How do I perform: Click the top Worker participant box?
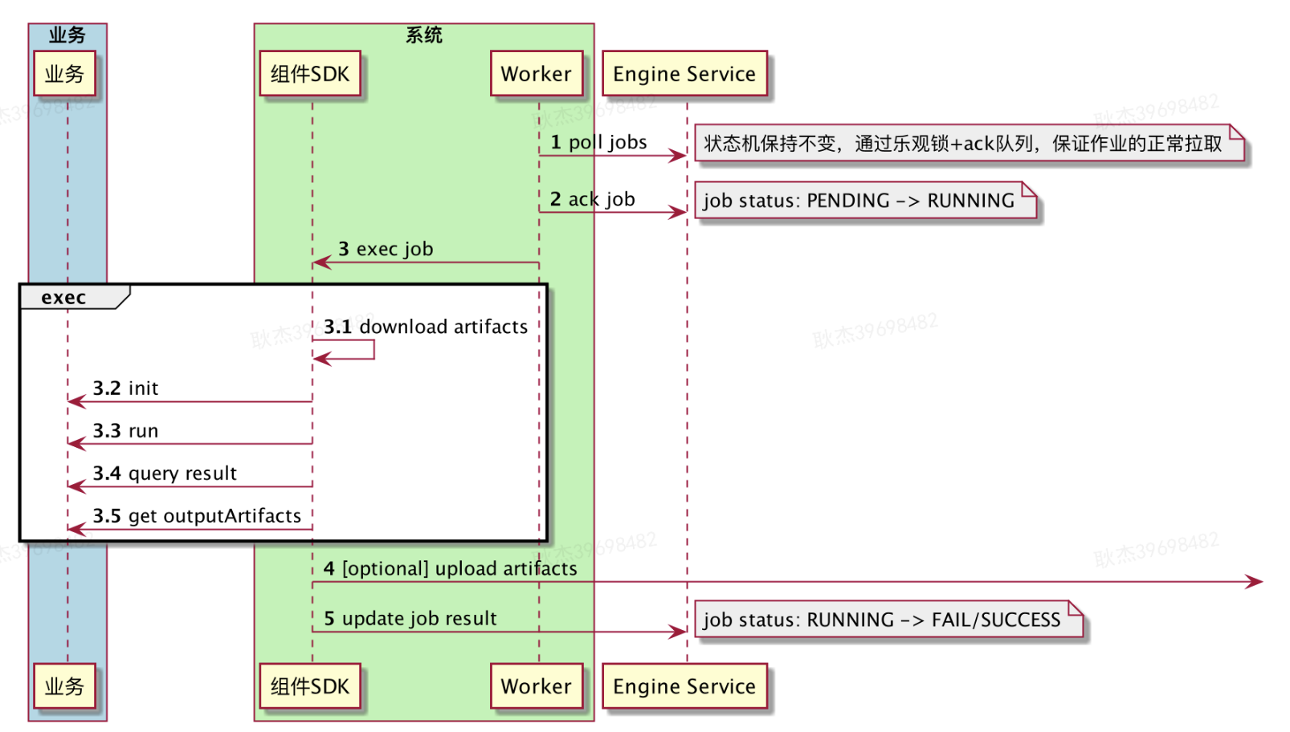(x=536, y=74)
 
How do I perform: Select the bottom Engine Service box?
(x=684, y=686)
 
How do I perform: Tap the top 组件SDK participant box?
(x=310, y=74)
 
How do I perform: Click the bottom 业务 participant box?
(x=64, y=686)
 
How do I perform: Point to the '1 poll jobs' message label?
(x=598, y=143)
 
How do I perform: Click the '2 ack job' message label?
(x=592, y=199)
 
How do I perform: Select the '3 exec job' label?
(x=386, y=249)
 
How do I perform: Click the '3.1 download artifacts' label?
(x=426, y=327)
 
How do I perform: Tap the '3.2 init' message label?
(x=125, y=388)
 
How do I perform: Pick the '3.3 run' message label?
(x=125, y=431)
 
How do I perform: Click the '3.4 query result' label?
(x=165, y=474)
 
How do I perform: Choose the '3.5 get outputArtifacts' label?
(x=197, y=516)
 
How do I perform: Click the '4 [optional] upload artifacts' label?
(x=450, y=569)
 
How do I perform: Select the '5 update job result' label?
(x=410, y=619)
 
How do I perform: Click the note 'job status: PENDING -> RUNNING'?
(x=859, y=201)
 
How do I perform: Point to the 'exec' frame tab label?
(x=63, y=298)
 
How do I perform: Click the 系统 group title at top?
(x=423, y=35)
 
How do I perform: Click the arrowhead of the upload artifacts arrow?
(x=1255, y=581)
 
